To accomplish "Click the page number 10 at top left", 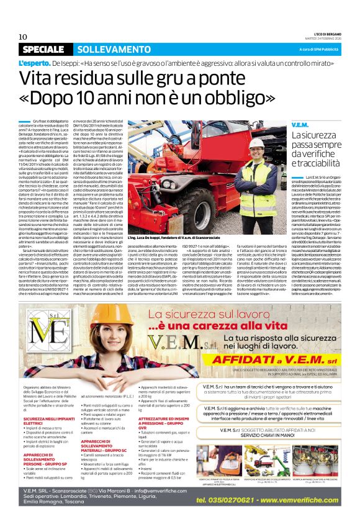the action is tap(24, 37).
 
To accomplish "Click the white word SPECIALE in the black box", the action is tap(42, 49).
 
